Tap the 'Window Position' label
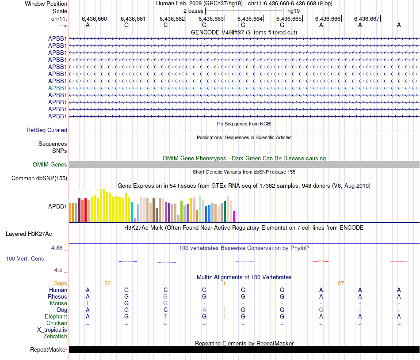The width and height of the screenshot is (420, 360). pyautogui.click(x=46, y=4)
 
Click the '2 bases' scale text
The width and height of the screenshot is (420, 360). pyautogui.click(x=193, y=11)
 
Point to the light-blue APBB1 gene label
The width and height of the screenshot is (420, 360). pyautogui.click(x=57, y=88)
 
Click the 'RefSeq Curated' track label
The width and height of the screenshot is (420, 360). pyautogui.click(x=47, y=130)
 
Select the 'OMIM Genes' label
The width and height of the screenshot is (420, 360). pyautogui.click(x=50, y=164)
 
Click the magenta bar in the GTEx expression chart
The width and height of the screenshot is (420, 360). pyautogui.click(x=234, y=216)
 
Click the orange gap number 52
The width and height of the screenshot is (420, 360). pyautogui.click(x=107, y=283)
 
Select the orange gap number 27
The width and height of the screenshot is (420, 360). pyautogui.click(x=341, y=283)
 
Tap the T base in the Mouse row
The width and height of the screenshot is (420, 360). pyautogui.click(x=88, y=303)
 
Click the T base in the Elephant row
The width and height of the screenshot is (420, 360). pyautogui.click(x=165, y=316)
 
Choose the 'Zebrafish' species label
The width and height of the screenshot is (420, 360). pyautogui.click(x=55, y=336)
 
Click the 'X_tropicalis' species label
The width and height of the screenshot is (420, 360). pyautogui.click(x=52, y=330)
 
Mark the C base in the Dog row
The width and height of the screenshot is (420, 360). pyautogui.click(x=165, y=310)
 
